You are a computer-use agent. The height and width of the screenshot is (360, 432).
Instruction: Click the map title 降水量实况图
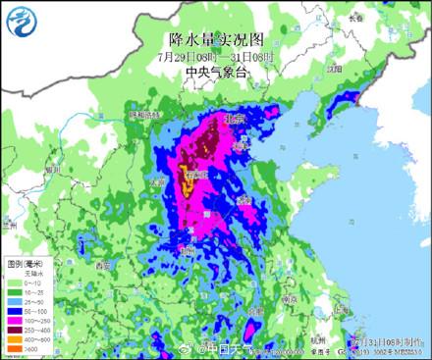pos(216,39)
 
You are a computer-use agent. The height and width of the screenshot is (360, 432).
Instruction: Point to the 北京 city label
pos(234,119)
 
